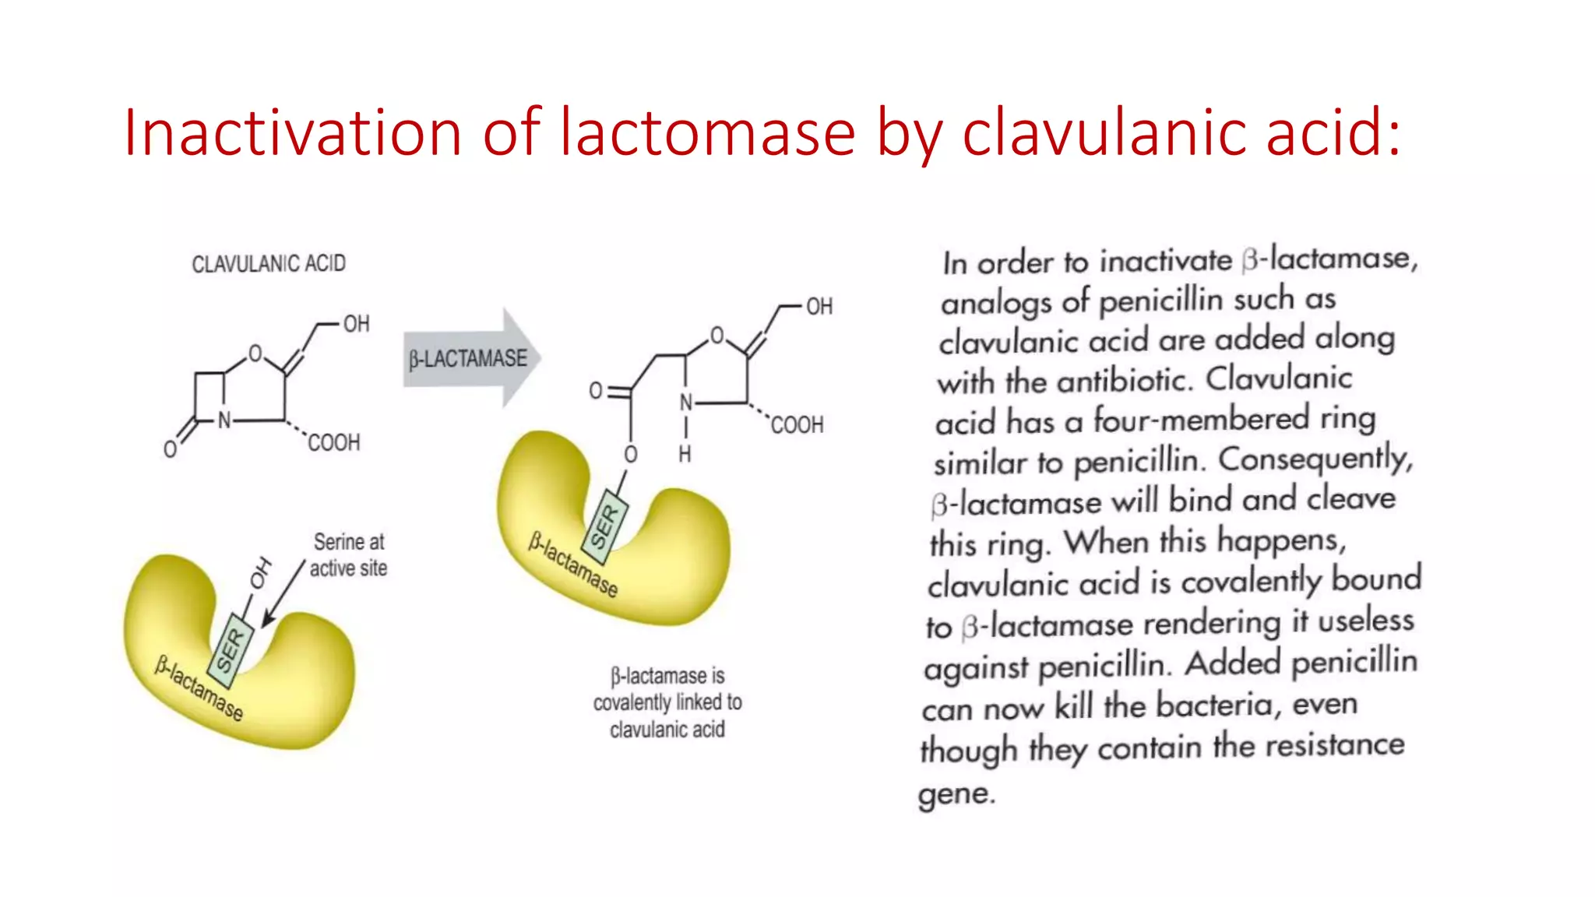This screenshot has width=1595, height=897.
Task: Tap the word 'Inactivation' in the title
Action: tap(292, 132)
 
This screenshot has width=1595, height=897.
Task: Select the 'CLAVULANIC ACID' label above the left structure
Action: tap(269, 264)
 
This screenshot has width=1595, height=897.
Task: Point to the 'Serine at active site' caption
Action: tap(349, 554)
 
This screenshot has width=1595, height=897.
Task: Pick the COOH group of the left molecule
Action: tap(334, 443)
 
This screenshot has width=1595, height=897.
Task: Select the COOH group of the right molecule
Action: tap(797, 425)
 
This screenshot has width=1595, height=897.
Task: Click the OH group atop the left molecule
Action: tap(356, 324)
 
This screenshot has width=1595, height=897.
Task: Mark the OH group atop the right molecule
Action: tap(819, 307)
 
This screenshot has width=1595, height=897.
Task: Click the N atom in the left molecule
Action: tap(224, 420)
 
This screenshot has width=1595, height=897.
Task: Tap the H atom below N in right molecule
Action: tap(685, 454)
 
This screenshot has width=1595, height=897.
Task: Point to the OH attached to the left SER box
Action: tap(261, 574)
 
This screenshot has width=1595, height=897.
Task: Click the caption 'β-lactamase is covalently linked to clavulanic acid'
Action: tap(667, 702)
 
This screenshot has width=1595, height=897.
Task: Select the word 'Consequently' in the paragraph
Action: tap(1315, 459)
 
